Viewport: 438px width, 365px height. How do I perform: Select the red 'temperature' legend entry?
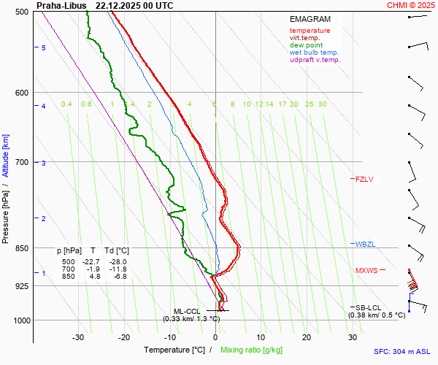(310, 31)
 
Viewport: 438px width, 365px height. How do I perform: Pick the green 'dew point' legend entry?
(307, 45)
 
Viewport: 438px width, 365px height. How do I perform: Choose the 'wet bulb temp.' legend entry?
(314, 53)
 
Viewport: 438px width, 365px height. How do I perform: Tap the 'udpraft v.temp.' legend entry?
(315, 60)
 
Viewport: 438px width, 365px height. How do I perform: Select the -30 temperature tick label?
(78, 337)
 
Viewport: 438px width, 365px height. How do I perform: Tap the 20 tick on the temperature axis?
(307, 337)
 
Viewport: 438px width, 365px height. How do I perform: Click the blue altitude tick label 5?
(44, 47)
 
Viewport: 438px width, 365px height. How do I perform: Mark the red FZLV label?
(364, 179)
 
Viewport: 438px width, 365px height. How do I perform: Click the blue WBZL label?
(364, 244)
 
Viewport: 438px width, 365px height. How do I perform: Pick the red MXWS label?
(366, 271)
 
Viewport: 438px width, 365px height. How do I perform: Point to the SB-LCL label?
(370, 308)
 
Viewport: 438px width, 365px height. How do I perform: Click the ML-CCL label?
(187, 311)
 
